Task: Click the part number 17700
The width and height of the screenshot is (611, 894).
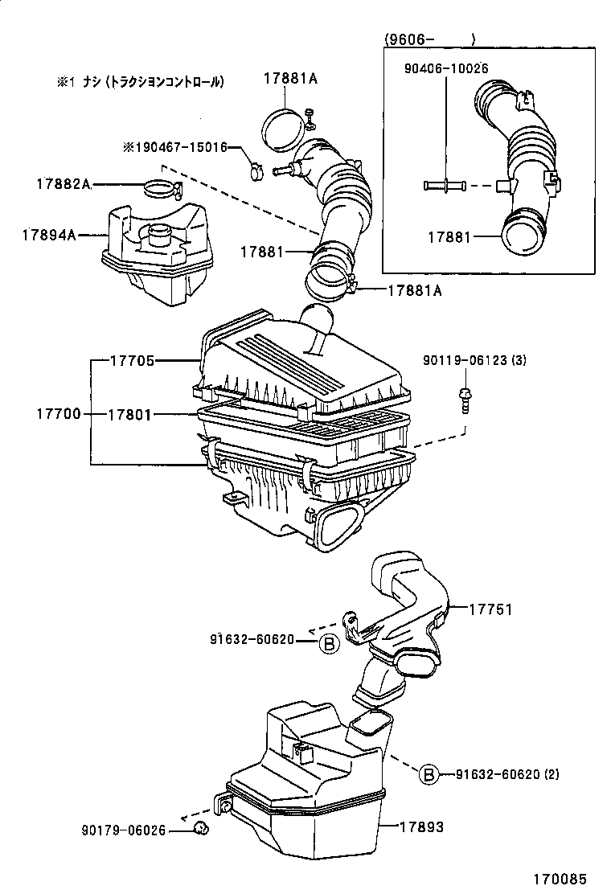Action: (x=58, y=414)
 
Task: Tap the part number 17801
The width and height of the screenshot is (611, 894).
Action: (x=131, y=414)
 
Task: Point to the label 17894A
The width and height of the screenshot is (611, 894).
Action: (x=48, y=235)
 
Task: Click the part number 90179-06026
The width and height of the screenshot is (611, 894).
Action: (x=123, y=830)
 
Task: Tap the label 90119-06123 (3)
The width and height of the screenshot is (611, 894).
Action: (x=474, y=361)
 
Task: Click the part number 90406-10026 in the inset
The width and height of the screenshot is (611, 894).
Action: (x=445, y=69)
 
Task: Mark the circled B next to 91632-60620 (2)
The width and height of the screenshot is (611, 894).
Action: (x=429, y=774)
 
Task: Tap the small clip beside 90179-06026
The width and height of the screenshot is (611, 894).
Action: (x=201, y=829)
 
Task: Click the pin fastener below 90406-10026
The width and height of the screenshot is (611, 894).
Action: (x=445, y=186)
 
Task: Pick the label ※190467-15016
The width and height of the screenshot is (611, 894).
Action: (x=174, y=148)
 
